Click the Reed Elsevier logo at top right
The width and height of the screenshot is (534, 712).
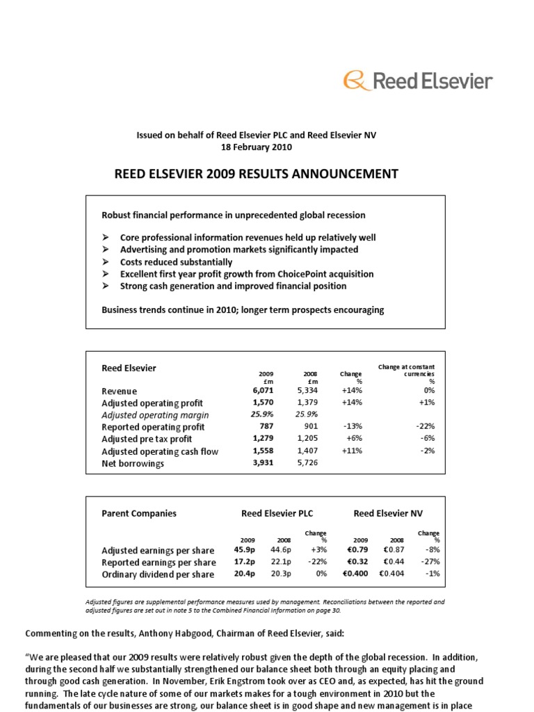click(x=418, y=81)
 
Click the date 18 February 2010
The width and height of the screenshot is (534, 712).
click(x=256, y=147)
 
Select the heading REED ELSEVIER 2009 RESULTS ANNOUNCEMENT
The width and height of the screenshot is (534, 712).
click(x=256, y=174)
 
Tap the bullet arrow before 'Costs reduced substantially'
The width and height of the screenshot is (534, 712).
click(x=106, y=262)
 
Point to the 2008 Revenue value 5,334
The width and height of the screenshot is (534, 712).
click(x=307, y=391)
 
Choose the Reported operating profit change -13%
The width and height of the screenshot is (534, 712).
click(x=350, y=427)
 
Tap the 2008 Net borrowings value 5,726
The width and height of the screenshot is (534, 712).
click(x=307, y=463)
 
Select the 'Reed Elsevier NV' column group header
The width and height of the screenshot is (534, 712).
click(x=387, y=514)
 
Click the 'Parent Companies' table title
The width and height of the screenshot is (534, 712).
click(x=139, y=514)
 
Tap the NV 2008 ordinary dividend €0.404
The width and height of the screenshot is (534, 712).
click(x=390, y=574)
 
